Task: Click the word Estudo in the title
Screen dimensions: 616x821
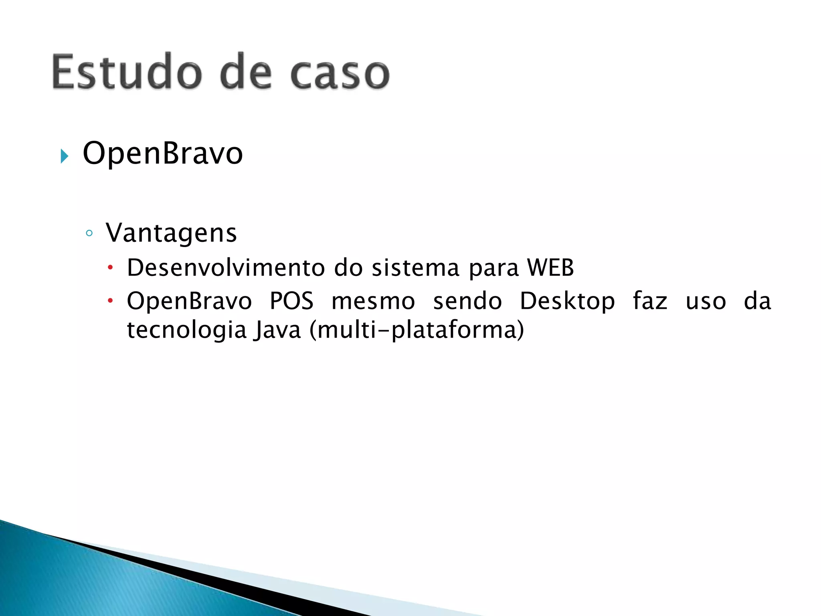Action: pos(127,72)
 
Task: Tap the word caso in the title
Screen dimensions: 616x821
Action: pos(340,74)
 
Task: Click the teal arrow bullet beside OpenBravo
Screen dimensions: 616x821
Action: pos(64,156)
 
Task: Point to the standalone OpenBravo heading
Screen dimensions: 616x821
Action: pos(163,153)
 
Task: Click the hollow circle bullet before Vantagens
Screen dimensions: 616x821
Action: pos(89,233)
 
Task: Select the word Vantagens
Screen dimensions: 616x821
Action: pos(171,233)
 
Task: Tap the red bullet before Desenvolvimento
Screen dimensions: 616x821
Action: pos(111,267)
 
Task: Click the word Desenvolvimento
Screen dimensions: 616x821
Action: pos(226,267)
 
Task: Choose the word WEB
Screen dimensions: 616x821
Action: pos(550,267)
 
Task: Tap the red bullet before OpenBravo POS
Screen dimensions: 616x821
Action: pos(111,300)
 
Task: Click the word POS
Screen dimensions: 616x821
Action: pos(291,301)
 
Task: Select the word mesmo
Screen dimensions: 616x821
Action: pos(373,301)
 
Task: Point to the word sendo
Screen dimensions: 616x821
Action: pos(467,301)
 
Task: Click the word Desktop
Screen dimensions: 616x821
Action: pos(567,302)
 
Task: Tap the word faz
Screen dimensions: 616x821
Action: pos(650,301)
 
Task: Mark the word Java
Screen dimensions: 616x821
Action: pos(277,330)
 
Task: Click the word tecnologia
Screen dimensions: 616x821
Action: pos(186,330)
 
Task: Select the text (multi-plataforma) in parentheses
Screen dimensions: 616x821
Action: pos(417,330)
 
